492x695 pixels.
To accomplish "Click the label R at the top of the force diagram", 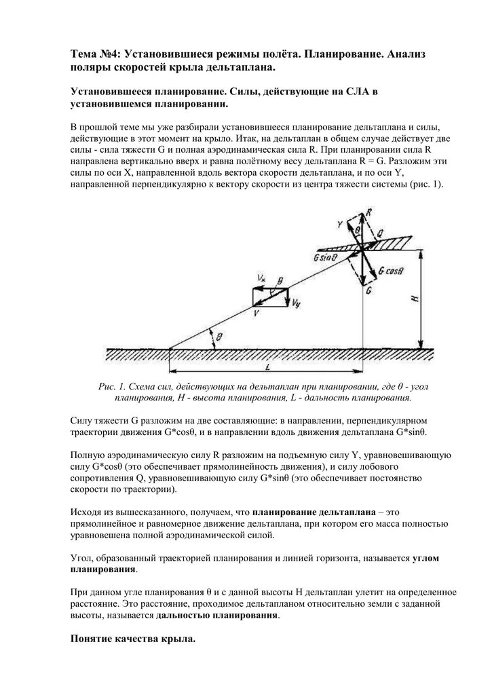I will tap(368, 212).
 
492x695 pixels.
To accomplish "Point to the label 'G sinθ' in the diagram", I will tap(325, 258).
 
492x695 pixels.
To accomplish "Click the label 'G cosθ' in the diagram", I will tap(392, 270).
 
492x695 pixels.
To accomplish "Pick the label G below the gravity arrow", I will tap(368, 290).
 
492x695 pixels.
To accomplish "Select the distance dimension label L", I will tap(269, 367).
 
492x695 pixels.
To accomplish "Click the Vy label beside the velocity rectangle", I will tap(297, 305).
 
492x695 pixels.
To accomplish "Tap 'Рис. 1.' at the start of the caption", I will tap(112, 386).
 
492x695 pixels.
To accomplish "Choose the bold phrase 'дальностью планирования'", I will tap(217, 615).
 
